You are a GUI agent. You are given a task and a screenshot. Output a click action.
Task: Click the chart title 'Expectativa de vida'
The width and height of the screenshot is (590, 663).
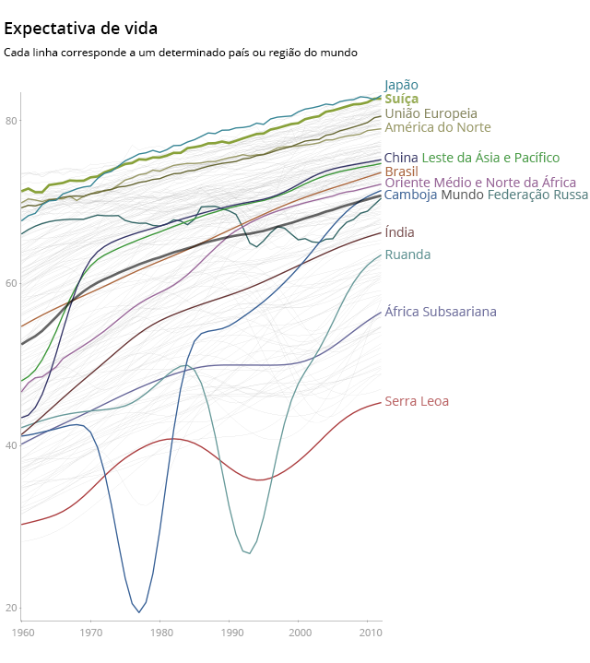point(80,30)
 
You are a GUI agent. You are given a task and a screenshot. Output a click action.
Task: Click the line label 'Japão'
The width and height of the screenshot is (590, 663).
point(401,85)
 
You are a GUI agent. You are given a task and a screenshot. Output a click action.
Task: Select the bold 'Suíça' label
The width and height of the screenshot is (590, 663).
point(402,99)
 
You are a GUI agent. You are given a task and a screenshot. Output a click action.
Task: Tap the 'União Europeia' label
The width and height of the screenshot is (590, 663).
point(431,113)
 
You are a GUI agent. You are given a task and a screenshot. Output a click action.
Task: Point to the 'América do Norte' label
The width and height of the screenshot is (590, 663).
point(437,127)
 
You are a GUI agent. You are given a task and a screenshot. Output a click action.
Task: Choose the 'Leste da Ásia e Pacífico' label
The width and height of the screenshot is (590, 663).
point(490,158)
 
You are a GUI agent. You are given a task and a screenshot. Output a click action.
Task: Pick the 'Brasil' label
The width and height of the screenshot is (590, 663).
point(401,172)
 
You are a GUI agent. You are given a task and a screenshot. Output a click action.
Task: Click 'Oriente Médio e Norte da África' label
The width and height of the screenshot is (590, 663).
point(480,183)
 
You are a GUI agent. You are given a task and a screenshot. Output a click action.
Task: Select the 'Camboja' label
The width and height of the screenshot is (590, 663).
point(411,195)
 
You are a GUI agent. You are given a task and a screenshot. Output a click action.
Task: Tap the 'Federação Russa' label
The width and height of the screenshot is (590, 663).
point(537,195)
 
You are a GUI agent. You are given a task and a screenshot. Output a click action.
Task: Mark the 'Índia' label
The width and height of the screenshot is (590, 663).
point(399,232)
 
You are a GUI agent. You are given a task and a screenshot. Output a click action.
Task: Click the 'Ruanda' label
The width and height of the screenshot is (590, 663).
point(407,255)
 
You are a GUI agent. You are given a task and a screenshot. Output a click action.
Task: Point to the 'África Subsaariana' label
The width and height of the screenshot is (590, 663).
point(441,312)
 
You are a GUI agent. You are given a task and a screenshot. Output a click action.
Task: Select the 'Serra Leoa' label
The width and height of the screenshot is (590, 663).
point(417,401)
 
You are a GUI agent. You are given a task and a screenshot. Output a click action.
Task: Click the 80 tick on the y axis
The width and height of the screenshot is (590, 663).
point(12,121)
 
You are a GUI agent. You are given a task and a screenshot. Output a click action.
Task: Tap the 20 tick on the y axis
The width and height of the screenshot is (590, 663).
point(12,608)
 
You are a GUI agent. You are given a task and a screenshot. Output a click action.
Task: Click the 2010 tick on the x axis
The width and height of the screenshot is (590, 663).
point(369,633)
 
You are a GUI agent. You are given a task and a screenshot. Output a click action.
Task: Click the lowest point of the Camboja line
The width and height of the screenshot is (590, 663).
point(139,612)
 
